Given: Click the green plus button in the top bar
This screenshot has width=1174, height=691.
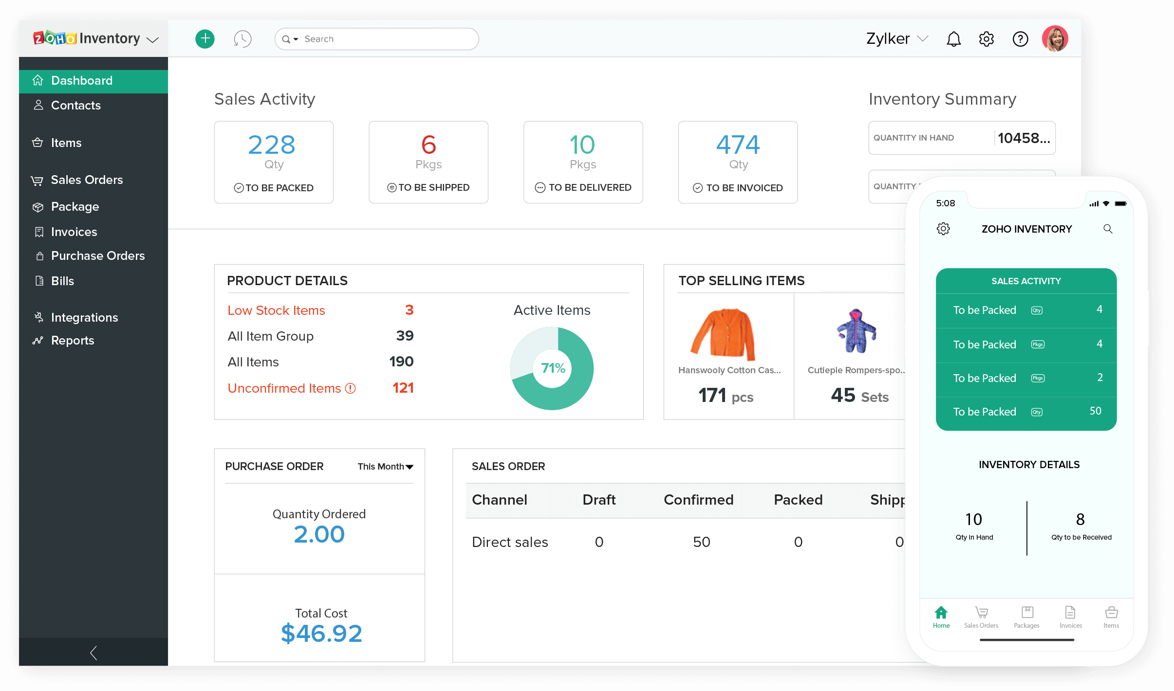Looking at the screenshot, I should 205,38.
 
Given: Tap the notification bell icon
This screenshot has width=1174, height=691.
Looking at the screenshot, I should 953,39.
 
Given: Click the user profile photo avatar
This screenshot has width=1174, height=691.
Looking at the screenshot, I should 1055,38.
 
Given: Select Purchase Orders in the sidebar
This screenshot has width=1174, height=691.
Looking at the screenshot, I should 97,255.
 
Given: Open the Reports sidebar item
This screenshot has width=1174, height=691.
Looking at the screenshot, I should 72,340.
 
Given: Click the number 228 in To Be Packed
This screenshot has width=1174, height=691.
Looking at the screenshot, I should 272,145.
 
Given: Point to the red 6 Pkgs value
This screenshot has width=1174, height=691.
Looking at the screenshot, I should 429,145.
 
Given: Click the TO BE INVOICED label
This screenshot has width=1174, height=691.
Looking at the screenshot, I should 744,188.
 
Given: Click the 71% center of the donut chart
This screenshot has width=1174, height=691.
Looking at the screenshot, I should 553,368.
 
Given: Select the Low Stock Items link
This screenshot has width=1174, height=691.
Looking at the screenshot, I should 276,310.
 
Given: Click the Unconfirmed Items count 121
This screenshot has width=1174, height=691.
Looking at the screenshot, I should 403,388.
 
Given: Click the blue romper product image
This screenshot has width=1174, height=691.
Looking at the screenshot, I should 856,331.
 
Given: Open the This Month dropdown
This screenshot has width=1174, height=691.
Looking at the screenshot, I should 385,467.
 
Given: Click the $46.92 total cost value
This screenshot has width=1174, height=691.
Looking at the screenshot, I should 321,634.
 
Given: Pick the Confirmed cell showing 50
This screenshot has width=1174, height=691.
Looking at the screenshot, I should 701,542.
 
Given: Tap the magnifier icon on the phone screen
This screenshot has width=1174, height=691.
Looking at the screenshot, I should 1108,229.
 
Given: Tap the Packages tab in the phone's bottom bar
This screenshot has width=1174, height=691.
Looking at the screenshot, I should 1026,617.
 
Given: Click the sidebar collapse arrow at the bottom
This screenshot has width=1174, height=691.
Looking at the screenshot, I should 93,653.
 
